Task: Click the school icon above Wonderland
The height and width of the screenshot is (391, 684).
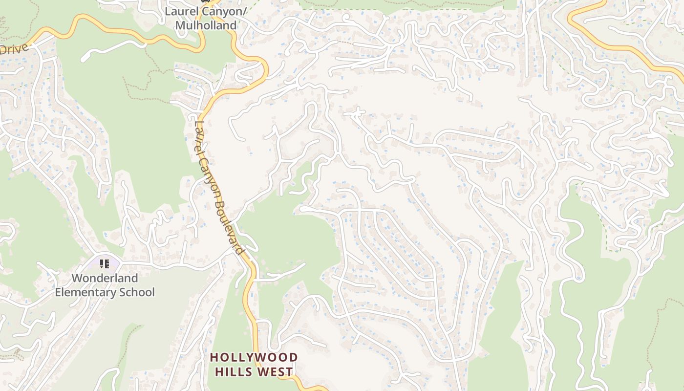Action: pos(105,264)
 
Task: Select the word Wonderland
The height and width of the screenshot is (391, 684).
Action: pos(105,278)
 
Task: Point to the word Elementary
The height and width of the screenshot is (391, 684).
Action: pos(86,292)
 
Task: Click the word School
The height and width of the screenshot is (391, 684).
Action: pos(137,292)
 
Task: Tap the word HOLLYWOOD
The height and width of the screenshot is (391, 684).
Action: pos(254,358)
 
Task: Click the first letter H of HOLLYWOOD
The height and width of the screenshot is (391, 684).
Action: pos(214,358)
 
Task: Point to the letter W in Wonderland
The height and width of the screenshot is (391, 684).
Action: pos(77,278)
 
